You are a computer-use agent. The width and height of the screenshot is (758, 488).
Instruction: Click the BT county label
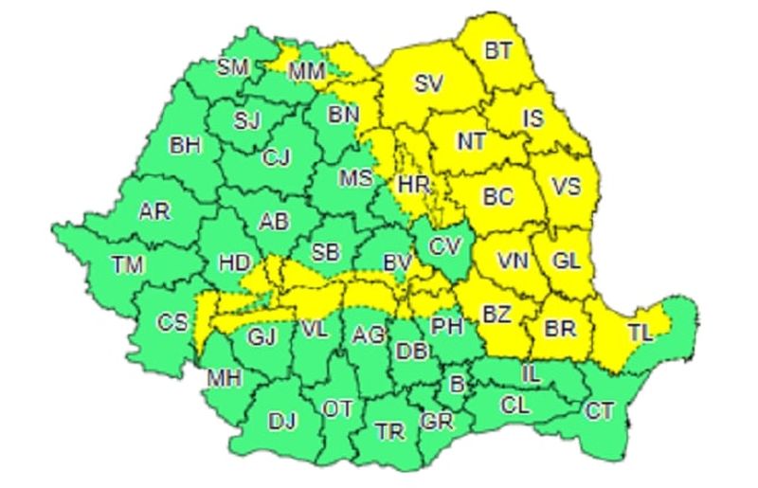tap(497, 50)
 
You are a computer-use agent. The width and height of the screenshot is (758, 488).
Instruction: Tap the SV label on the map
tap(428, 83)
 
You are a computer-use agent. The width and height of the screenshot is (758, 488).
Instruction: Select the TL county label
tap(641, 333)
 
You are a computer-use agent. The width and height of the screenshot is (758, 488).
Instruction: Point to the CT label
tap(599, 411)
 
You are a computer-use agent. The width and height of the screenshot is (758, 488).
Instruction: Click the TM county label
tap(127, 265)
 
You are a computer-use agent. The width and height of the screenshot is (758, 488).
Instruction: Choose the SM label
tap(232, 67)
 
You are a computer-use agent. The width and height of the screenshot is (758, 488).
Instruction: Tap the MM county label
tap(306, 70)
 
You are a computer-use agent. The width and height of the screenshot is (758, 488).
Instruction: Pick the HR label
tap(415, 185)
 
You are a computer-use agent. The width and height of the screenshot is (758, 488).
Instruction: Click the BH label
tap(185, 146)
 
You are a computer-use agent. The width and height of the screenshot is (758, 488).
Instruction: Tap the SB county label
tap(326, 252)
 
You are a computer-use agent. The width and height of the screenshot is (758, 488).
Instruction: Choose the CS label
tap(172, 322)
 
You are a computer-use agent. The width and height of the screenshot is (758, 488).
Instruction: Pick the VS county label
tap(566, 186)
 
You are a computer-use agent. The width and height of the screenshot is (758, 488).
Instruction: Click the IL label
tap(531, 374)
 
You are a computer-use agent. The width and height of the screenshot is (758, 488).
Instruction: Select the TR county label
tap(389, 432)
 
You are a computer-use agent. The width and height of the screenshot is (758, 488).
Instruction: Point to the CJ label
tap(277, 157)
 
